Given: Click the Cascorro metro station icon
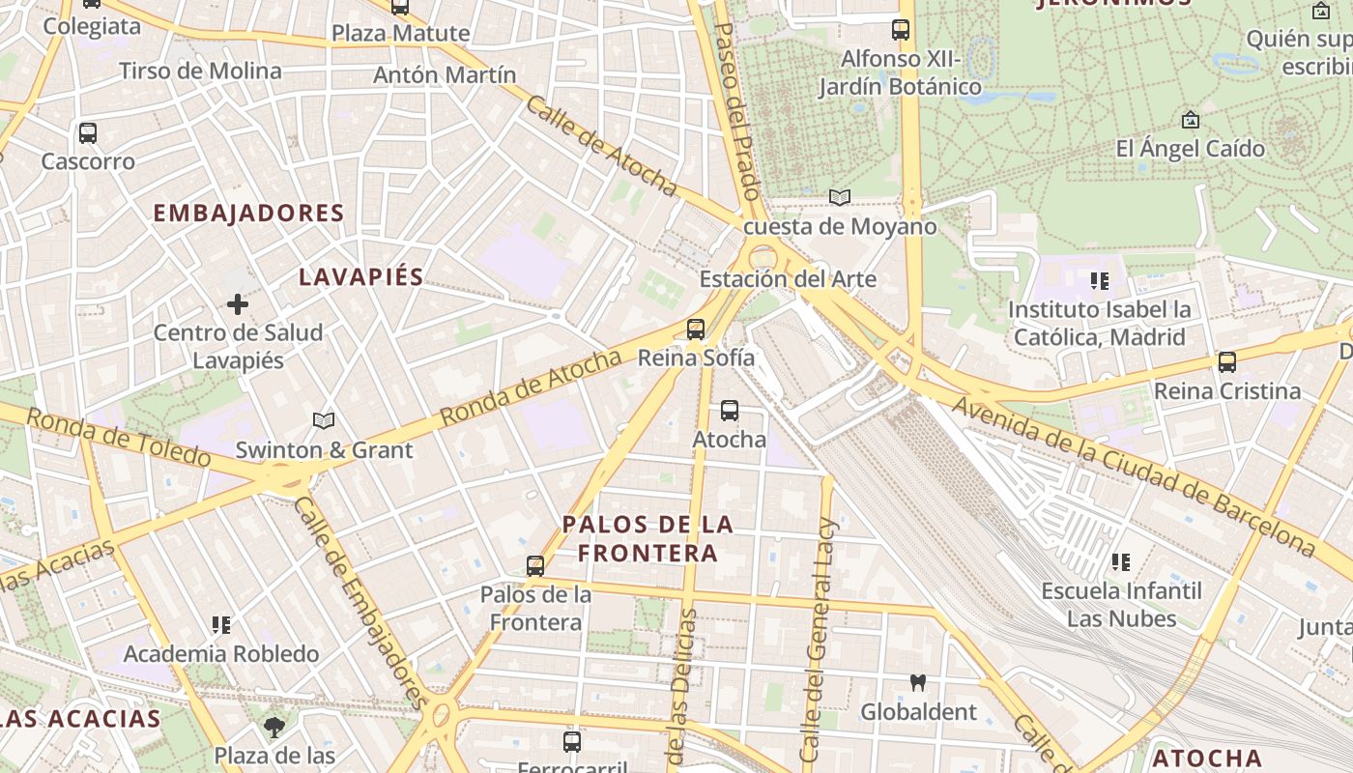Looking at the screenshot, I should pyautogui.click(x=88, y=133).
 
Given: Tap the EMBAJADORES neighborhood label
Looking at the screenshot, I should pyautogui.click(x=248, y=214).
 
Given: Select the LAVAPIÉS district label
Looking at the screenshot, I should pyautogui.click(x=360, y=277).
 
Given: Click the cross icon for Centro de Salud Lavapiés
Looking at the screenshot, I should pyautogui.click(x=238, y=305).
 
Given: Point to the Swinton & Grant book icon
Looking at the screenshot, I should pyautogui.click(x=324, y=421).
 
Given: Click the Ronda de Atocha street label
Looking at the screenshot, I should pyautogui.click(x=531, y=388).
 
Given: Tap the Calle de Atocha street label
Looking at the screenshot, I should pyautogui.click(x=600, y=145).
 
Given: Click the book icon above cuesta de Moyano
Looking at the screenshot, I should pyautogui.click(x=840, y=198).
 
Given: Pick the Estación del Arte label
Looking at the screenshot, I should pyautogui.click(x=788, y=280).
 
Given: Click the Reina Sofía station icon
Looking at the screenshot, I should pyautogui.click(x=696, y=329).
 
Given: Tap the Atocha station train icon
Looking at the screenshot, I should pyautogui.click(x=730, y=411).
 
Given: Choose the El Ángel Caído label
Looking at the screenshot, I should pyautogui.click(x=1190, y=149).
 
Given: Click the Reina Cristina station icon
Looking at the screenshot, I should pyautogui.click(x=1227, y=363).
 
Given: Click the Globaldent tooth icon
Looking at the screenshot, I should pyautogui.click(x=918, y=683).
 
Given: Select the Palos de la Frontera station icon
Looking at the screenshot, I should pyautogui.click(x=535, y=566).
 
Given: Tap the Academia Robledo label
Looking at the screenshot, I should pyautogui.click(x=221, y=654).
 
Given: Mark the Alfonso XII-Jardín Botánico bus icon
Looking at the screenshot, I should pyautogui.click(x=901, y=30).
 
